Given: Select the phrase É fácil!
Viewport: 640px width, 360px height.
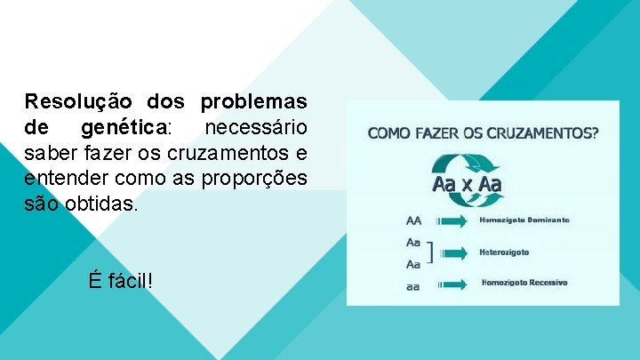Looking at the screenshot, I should (120, 281).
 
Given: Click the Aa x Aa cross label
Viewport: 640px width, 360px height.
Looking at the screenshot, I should (467, 185).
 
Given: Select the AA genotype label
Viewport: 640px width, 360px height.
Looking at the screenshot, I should (414, 220).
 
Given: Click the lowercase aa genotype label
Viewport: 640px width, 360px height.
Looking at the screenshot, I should (414, 287).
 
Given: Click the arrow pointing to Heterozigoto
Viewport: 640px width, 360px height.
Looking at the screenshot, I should (453, 253).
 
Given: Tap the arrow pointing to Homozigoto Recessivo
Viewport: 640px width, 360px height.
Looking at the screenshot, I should (453, 284).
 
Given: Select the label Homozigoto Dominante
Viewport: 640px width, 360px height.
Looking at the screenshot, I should (524, 219).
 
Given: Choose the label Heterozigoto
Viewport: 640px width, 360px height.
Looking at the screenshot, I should (504, 252).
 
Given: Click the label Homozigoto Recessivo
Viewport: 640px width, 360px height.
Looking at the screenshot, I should (524, 283).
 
